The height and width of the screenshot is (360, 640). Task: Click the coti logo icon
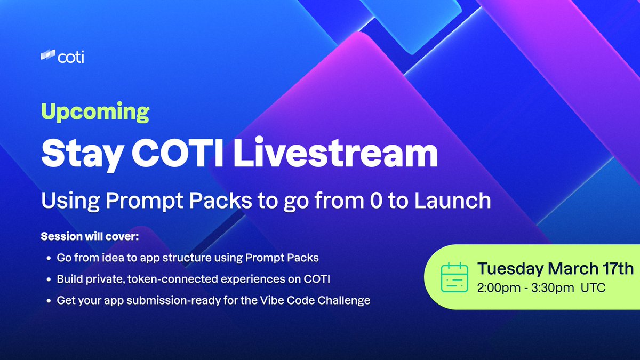(47, 55)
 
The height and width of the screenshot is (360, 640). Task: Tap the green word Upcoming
(95, 113)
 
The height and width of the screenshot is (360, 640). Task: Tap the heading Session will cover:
(89, 236)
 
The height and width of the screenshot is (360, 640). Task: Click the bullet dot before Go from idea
(49, 258)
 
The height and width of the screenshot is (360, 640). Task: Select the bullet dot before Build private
(49, 279)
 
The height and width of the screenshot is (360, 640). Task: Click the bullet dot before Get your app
(49, 300)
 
